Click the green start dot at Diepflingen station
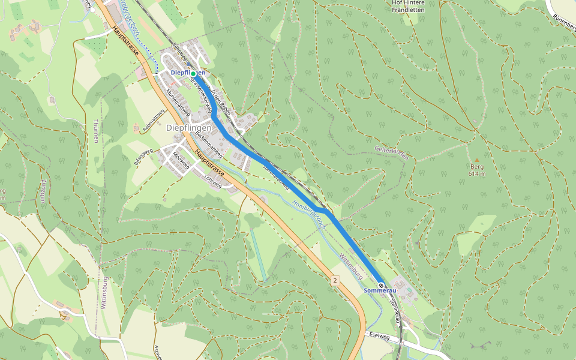coord(194,73)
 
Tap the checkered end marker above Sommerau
coord(381,284)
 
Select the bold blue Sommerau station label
coord(380,291)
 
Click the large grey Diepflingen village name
coord(188,128)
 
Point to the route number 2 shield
coord(335,280)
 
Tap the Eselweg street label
coord(380,337)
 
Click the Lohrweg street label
coord(212,181)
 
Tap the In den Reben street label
coord(221,104)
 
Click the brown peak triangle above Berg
coord(477,160)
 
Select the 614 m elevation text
coord(477,174)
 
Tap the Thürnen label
coord(95,131)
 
